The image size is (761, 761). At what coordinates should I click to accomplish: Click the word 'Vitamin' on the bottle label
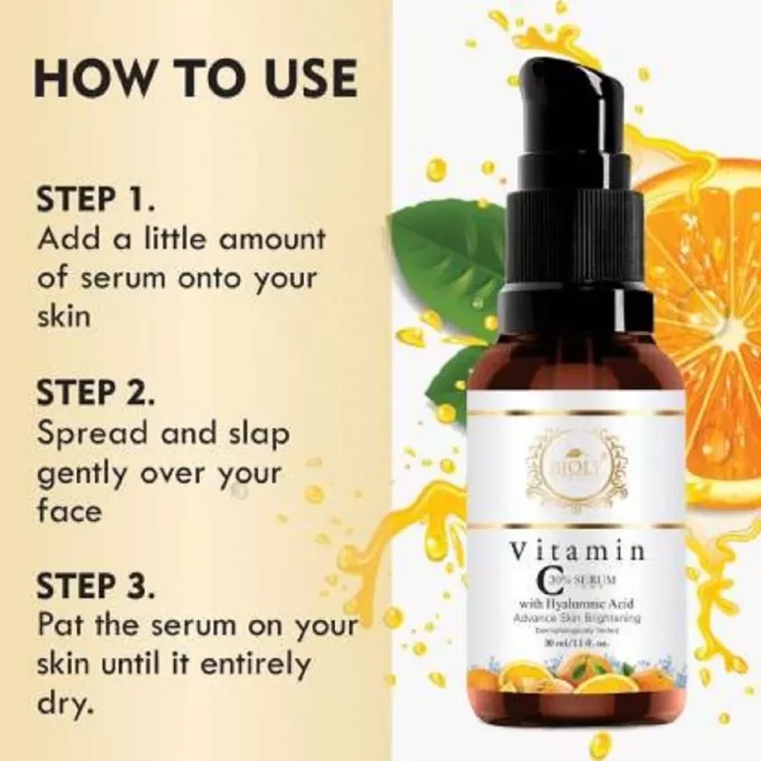tap(578, 553)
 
